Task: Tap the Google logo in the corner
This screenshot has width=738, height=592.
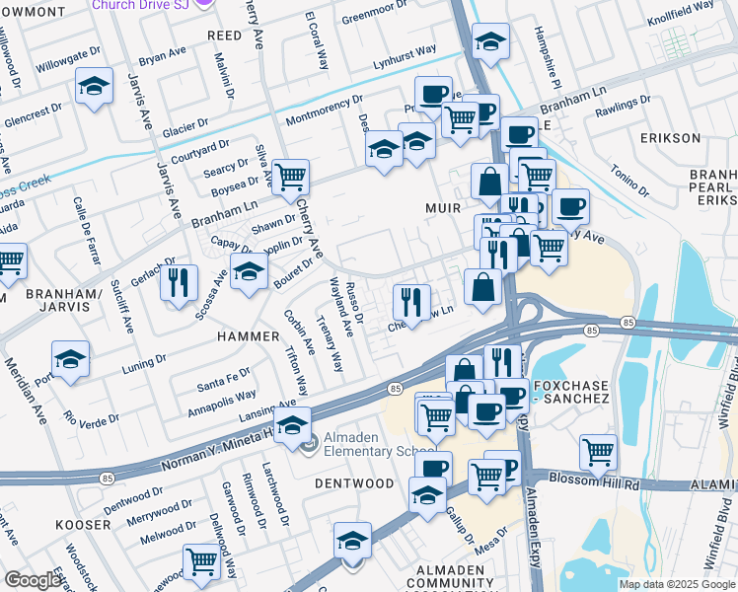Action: coord(33,580)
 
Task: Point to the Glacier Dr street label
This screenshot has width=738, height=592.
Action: coord(185,128)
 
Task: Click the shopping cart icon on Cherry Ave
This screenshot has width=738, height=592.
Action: coord(290,178)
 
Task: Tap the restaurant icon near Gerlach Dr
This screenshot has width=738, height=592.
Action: coord(179,283)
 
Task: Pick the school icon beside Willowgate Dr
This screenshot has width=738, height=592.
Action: coord(94,89)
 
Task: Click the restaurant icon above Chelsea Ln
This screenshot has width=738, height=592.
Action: coord(411,300)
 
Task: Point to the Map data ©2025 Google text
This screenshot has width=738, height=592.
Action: coord(676,584)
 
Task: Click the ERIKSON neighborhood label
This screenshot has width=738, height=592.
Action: coord(670,138)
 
